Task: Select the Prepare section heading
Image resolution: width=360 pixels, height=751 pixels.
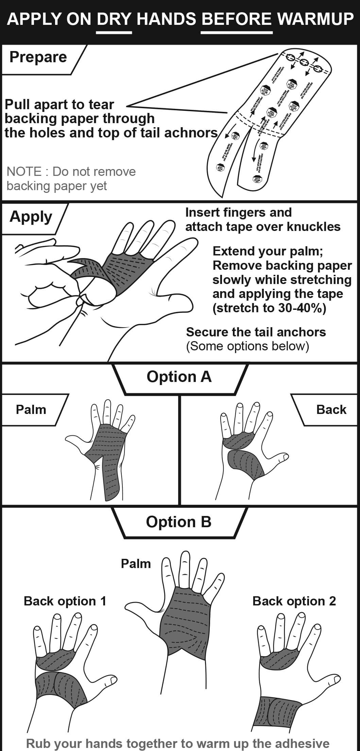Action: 38,57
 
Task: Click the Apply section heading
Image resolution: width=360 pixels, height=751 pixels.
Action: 31,217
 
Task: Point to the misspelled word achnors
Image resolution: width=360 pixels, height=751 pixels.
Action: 193,133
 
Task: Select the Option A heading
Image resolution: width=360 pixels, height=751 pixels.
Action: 179,377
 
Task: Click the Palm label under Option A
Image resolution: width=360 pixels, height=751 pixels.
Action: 31,410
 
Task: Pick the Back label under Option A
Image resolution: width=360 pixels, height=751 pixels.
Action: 331,410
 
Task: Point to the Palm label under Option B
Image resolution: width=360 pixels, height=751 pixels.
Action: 136,564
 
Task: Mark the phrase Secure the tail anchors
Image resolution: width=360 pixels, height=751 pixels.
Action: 256,332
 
